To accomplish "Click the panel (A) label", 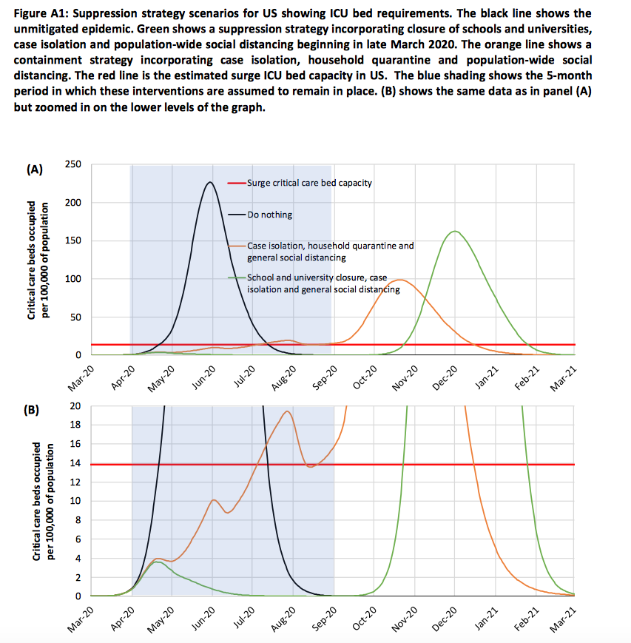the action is pyautogui.click(x=35, y=169).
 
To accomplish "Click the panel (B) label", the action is pyautogui.click(x=32, y=410).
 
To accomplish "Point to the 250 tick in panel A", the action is pyautogui.click(x=73, y=164).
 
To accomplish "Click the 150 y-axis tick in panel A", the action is pyautogui.click(x=73, y=240).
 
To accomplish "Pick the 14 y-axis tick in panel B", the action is pyautogui.click(x=75, y=463).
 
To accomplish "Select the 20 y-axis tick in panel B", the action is pyautogui.click(x=75, y=406).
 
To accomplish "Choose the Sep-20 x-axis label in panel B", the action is pyautogui.click(x=324, y=619).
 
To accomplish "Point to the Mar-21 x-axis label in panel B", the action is pyautogui.click(x=564, y=619).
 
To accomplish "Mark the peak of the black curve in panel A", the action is pyautogui.click(x=210, y=182).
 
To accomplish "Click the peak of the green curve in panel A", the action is pyautogui.click(x=455, y=232).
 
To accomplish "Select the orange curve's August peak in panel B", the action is pyautogui.click(x=287, y=411).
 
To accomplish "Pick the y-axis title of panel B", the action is pyautogui.click(x=43, y=501).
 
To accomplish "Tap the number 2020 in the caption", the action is pyautogui.click(x=426, y=44).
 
